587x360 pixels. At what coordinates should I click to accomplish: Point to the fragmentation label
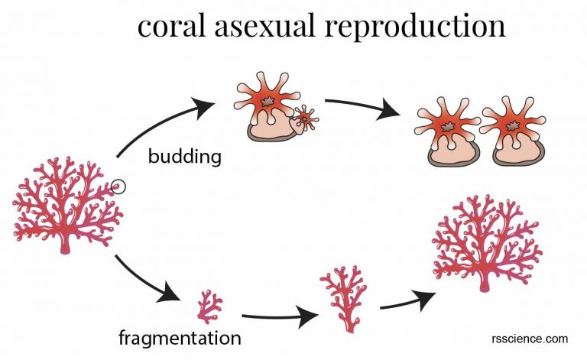click(180, 337)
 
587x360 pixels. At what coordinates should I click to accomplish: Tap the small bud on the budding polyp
click(306, 118)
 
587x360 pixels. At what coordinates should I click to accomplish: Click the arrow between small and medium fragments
click(279, 315)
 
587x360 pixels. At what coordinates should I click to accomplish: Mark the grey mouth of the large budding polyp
click(268, 101)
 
